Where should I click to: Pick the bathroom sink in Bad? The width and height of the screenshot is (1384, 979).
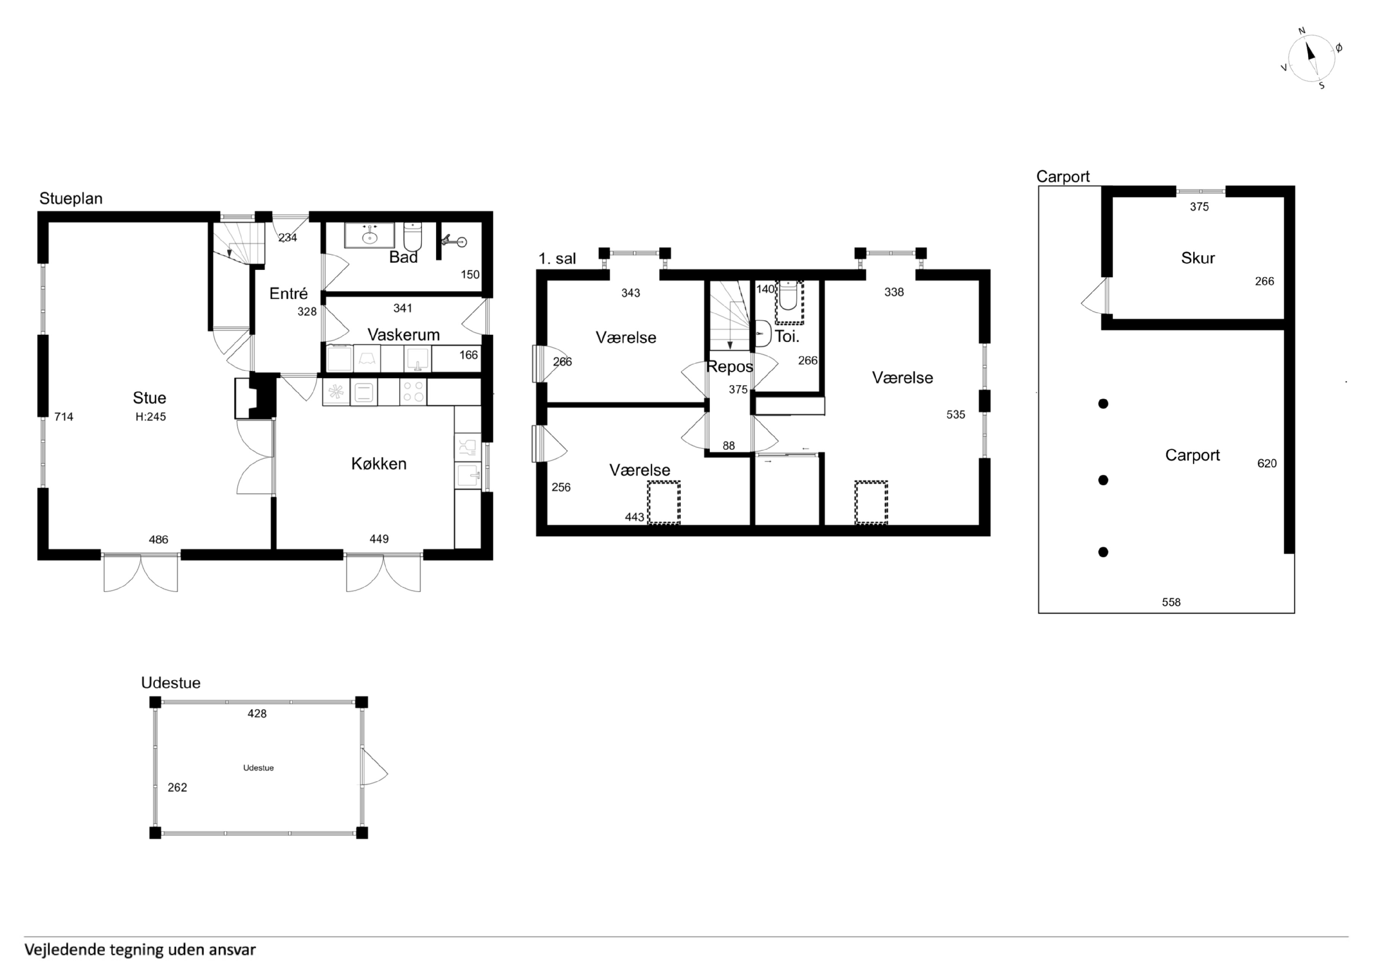point(370,235)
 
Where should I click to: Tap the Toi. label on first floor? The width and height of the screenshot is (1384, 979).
point(786,337)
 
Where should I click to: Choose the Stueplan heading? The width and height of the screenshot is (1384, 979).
point(71,199)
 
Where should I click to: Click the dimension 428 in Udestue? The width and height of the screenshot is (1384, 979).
point(257,714)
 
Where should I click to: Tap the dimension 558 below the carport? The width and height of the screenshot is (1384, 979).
point(1171,602)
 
